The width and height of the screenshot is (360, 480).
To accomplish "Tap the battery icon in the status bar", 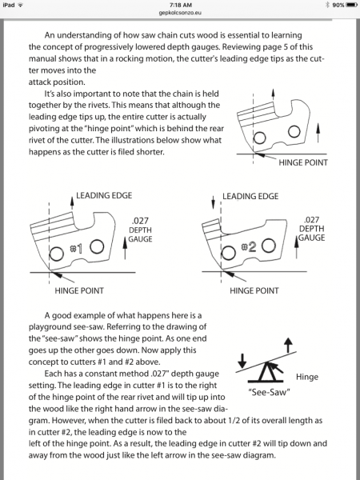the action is click(351, 5).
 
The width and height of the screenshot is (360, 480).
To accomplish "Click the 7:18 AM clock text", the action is click(180, 6).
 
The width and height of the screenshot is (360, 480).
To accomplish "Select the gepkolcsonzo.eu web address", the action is click(180, 13).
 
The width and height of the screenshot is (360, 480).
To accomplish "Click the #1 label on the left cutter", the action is click(77, 249).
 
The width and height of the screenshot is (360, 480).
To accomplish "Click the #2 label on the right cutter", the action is click(249, 246).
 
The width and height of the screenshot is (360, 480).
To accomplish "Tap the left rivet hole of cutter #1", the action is click(56, 254).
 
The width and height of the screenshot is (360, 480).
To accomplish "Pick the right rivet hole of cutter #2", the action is click(269, 246).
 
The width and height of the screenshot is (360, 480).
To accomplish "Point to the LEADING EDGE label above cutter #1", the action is click(104, 195).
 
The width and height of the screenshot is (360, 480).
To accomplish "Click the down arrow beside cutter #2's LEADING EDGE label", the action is click(214, 203).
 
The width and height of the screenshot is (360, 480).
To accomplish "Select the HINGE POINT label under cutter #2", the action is click(254, 290).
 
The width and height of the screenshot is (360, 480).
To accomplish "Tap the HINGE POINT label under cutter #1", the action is click(79, 290).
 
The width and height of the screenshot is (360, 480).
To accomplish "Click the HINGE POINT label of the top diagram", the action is click(303, 162).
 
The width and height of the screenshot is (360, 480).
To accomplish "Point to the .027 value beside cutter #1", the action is click(140, 221).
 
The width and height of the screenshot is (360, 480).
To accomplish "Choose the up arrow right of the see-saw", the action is click(288, 346).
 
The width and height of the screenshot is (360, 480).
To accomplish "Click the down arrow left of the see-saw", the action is click(242, 361).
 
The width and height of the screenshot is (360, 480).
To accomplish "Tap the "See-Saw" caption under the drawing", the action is click(269, 392).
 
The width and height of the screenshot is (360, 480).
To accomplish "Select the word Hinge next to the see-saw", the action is click(307, 377).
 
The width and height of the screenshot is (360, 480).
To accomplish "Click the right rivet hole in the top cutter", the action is click(294, 132).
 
